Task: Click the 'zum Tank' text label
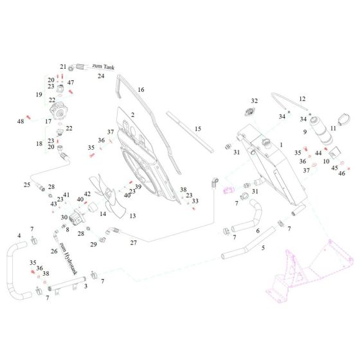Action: [x=104, y=67]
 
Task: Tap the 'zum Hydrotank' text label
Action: [x=68, y=258]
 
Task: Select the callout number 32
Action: [x=254, y=101]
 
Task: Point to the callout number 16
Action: [x=141, y=89]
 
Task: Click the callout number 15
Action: [x=198, y=129]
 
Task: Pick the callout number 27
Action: [x=134, y=243]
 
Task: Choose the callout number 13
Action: [x=132, y=216]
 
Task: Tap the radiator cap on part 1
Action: [x=267, y=143]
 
